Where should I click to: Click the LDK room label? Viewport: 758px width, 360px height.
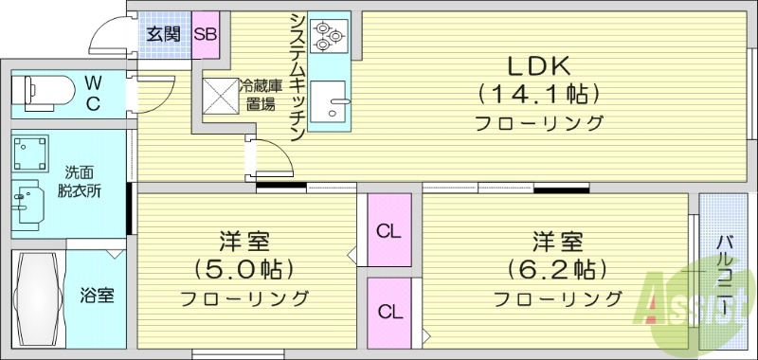538,65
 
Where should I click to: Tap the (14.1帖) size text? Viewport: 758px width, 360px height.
538,94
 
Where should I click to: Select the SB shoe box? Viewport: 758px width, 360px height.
206,34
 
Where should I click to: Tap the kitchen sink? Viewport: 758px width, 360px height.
330,102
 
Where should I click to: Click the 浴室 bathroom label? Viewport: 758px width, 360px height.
96,295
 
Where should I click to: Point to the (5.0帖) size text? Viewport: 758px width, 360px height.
244,268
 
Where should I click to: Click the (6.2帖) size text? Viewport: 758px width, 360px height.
556,268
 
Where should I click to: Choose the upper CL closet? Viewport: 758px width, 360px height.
387,229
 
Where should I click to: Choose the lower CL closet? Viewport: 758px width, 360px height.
388,311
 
